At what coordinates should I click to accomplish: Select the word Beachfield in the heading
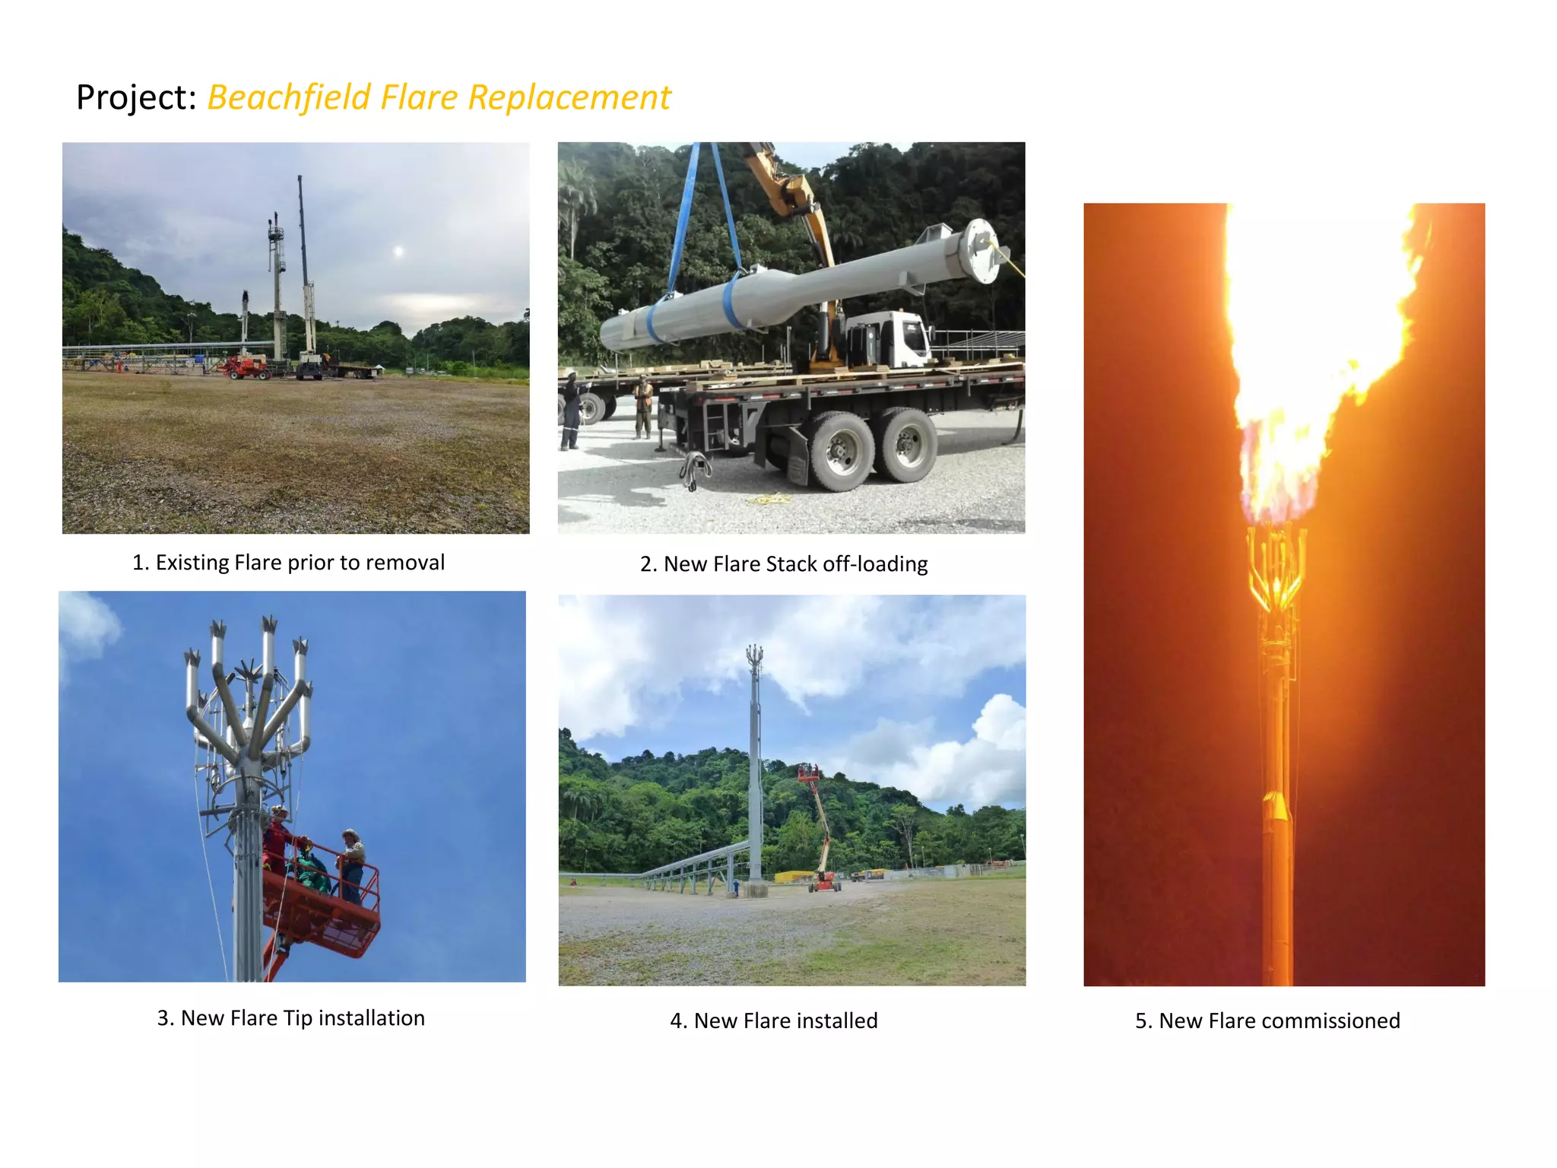[x=289, y=97]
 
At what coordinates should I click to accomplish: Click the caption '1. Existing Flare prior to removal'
[x=288, y=562]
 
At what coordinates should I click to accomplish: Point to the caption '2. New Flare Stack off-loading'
[x=784, y=563]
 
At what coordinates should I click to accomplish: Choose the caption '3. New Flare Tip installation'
[x=291, y=1017]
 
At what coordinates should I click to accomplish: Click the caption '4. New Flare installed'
[x=774, y=1020]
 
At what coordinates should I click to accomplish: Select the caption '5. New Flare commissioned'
[x=1267, y=1020]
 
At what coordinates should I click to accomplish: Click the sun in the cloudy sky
[x=398, y=252]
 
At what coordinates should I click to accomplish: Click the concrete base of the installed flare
[x=754, y=889]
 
